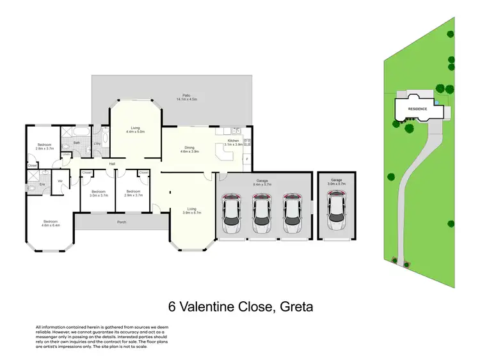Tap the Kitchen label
pos(234,140)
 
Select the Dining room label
pos(189,147)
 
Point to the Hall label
pos(112,164)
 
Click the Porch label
pos(122,222)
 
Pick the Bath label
pos(76,143)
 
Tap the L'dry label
pos(97,143)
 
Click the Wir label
pos(60,181)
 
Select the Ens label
pos(42,185)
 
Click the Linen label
pos(66,154)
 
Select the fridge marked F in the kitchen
pos(246,159)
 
